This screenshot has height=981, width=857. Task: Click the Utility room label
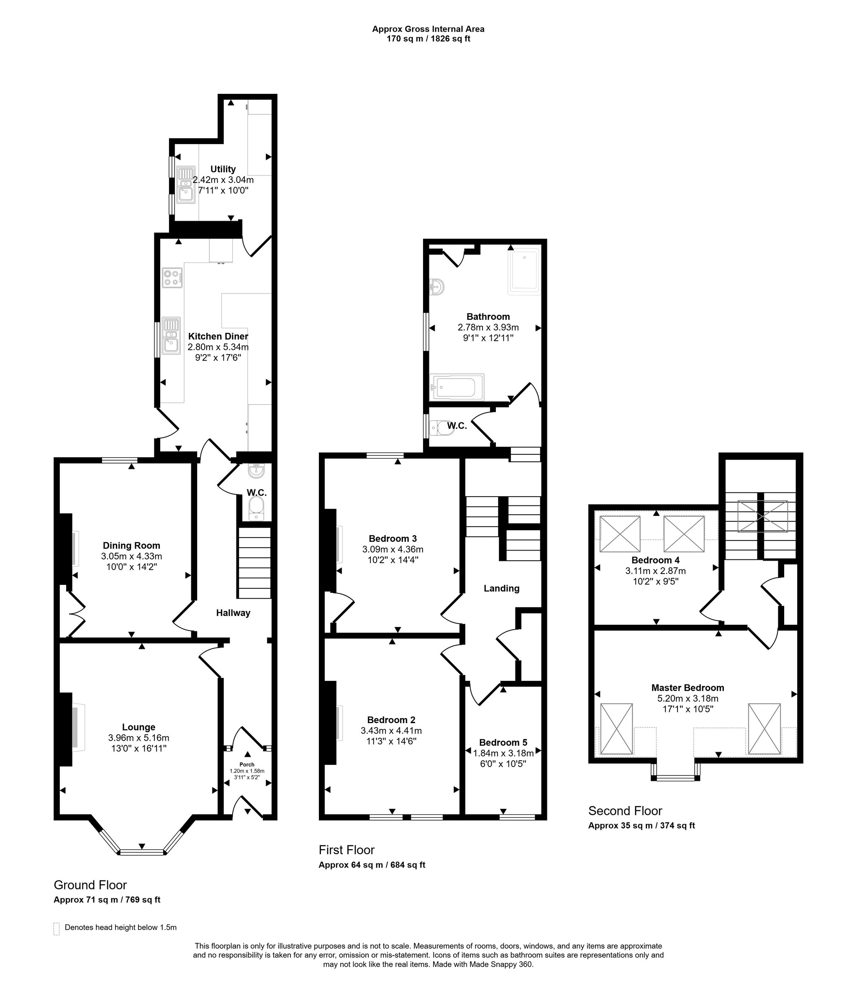point(223,169)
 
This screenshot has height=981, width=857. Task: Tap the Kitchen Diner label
point(218,336)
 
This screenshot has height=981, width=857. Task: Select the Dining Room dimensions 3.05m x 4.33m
point(131,556)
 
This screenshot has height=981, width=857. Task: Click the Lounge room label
point(139,727)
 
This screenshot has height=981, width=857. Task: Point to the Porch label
point(247,765)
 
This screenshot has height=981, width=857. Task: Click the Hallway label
point(233,613)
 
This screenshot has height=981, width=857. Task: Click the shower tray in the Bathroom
point(524,270)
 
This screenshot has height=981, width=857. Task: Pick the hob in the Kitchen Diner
point(172,278)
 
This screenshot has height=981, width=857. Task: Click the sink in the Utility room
point(185,185)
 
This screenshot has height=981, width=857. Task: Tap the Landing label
point(501,589)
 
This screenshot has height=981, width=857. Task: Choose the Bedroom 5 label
point(503,742)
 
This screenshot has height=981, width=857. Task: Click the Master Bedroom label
point(688,687)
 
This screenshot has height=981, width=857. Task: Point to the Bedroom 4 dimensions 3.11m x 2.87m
point(656,571)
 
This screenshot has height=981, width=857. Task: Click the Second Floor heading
point(625,811)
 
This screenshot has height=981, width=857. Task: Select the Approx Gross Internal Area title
point(428,29)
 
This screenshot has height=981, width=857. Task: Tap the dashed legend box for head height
point(56,928)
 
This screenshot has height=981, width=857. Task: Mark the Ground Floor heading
point(90,885)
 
